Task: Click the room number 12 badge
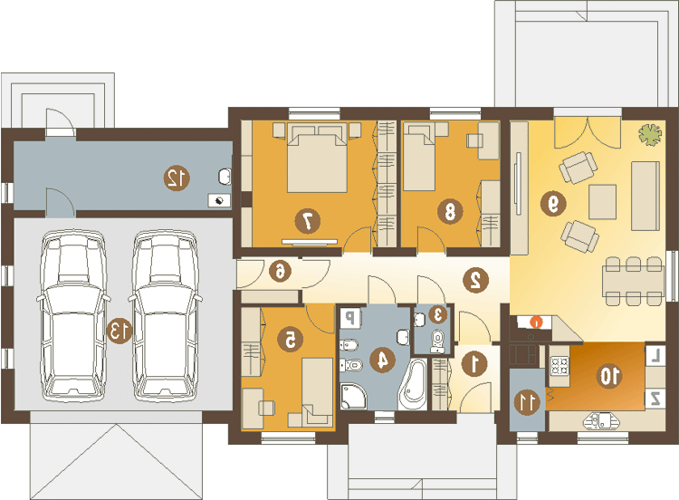tap(177, 178)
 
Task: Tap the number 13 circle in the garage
tap(120, 331)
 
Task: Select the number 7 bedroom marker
tap(308, 221)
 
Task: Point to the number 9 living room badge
tap(553, 203)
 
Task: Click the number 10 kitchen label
tap(609, 376)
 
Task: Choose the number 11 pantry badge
tap(527, 402)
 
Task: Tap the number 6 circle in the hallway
tap(280, 272)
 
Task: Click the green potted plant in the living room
tap(650, 134)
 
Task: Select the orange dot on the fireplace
tap(536, 322)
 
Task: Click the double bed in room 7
tap(317, 158)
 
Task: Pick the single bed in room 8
tap(419, 157)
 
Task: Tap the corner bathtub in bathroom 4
tap(413, 384)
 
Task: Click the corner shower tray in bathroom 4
tap(353, 396)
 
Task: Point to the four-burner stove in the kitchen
tap(559, 365)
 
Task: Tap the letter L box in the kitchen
tap(655, 356)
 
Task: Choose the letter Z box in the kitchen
tap(655, 399)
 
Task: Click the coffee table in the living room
tap(602, 202)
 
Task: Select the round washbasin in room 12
tap(225, 177)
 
